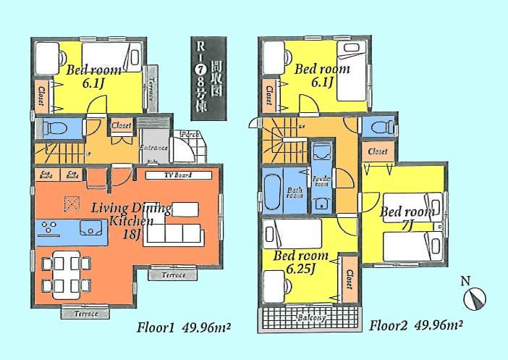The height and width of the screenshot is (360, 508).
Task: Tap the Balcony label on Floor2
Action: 310,317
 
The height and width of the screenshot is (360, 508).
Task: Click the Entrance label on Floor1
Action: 153,148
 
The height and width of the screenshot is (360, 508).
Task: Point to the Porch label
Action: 190,135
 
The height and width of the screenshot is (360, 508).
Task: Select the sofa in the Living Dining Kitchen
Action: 173,234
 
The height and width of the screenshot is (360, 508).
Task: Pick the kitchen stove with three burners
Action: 50,229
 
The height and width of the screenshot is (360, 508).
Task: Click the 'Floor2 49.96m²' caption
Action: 416,326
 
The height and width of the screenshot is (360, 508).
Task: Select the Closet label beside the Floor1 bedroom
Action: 41,93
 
